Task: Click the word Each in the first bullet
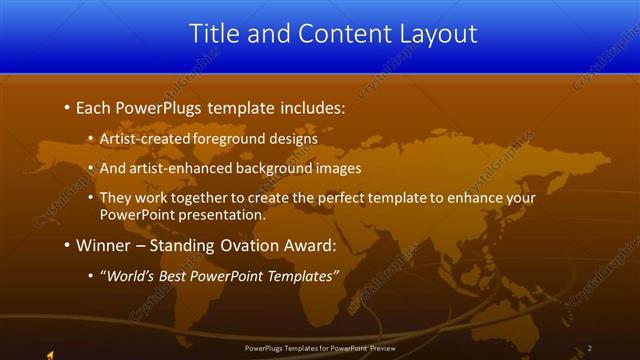(94, 107)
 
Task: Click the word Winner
(103, 245)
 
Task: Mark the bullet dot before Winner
(66, 245)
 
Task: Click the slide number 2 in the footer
(589, 348)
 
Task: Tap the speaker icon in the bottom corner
(50, 352)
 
